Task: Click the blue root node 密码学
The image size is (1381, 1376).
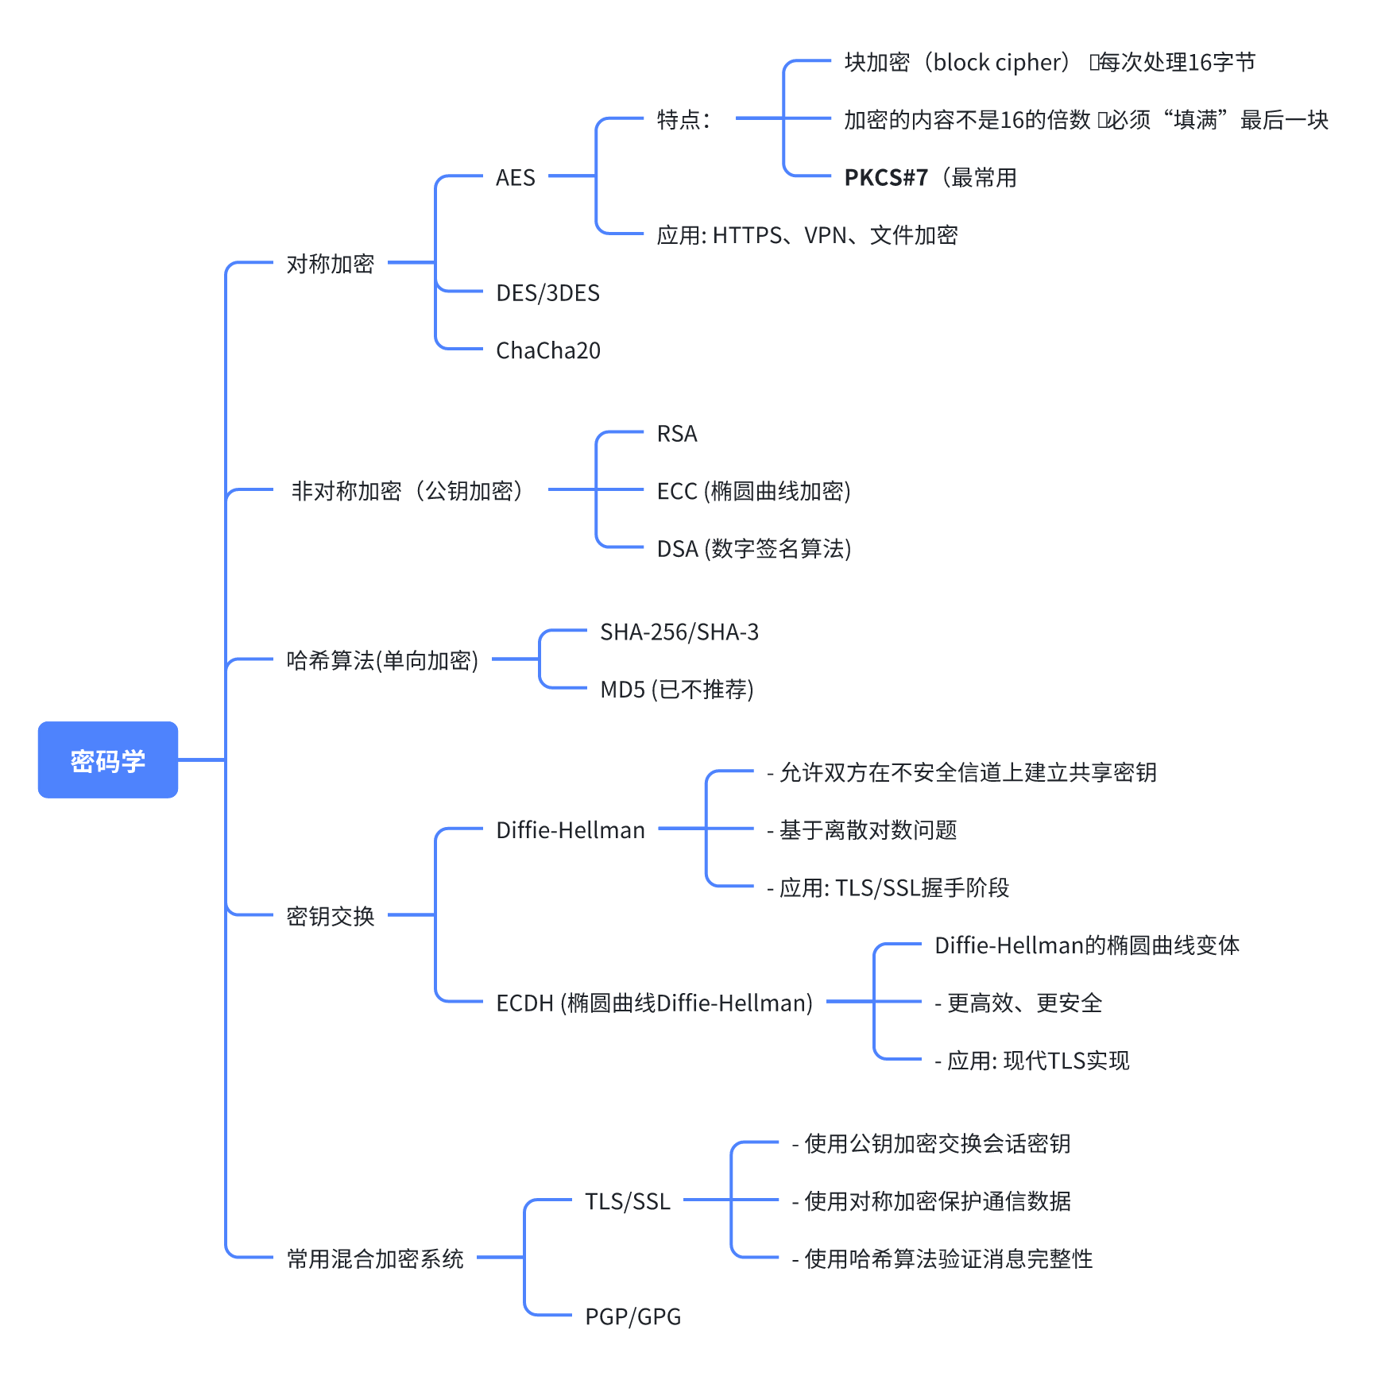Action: [108, 760]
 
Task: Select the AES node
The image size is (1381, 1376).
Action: [515, 177]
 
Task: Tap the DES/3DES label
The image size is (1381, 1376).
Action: [547, 293]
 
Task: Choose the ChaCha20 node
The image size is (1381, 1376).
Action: [548, 350]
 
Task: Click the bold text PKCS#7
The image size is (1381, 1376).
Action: [886, 177]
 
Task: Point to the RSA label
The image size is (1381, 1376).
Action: [677, 434]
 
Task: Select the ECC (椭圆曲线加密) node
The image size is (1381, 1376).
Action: [753, 491]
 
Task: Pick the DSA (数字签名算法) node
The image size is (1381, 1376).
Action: [753, 549]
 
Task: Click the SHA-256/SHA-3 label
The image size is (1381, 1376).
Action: [679, 632]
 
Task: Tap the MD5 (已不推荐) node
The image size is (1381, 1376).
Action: [676, 690]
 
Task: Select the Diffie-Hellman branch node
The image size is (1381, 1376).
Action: [571, 830]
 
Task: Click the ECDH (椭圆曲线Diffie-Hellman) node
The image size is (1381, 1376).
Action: [654, 1003]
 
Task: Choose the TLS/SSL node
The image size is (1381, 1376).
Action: [628, 1201]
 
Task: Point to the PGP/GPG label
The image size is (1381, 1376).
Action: [633, 1316]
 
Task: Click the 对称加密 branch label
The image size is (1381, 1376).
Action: [331, 264]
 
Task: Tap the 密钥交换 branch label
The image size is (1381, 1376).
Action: [331, 916]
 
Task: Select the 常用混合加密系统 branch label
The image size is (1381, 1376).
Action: [375, 1258]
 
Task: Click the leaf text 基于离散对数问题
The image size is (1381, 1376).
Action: [868, 830]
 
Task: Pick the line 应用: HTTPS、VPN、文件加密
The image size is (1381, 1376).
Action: [807, 235]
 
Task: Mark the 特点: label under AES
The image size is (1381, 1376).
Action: [683, 120]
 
